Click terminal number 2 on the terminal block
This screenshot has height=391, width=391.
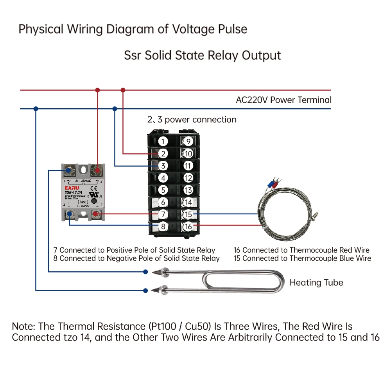point(163,154)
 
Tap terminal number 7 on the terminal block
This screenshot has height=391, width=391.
point(163,214)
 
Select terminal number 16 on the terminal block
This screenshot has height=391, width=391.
point(188,226)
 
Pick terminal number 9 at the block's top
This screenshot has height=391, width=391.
point(188,142)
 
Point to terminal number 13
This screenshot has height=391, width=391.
point(188,190)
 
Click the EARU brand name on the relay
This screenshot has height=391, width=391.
point(72,188)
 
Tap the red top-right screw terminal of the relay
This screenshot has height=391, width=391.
point(97,170)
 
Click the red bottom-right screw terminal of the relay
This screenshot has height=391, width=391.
point(97,214)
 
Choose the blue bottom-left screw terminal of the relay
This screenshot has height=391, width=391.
point(70,214)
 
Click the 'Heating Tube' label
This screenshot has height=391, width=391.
point(316,283)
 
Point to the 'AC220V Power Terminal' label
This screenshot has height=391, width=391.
point(283,100)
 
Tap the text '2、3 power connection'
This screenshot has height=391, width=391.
point(192,120)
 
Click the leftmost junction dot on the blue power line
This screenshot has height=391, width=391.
point(36,108)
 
